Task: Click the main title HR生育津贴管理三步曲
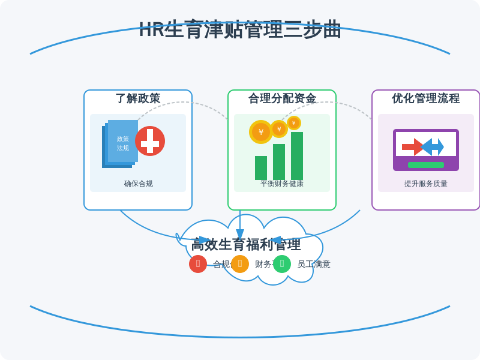click(240, 29)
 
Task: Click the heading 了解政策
click(138, 98)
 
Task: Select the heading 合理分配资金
click(282, 98)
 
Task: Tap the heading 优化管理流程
click(426, 98)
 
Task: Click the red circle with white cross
click(150, 141)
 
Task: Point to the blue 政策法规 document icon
click(121, 143)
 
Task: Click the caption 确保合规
click(138, 184)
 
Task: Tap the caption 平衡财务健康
click(282, 184)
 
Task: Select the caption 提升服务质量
click(426, 184)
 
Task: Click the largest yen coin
click(261, 132)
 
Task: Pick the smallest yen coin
click(294, 123)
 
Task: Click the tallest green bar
click(297, 156)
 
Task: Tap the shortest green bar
click(261, 168)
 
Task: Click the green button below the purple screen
click(426, 165)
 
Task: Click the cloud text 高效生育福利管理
click(246, 245)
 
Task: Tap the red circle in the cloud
click(198, 264)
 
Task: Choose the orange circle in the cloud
click(240, 264)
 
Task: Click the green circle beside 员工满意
click(282, 264)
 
